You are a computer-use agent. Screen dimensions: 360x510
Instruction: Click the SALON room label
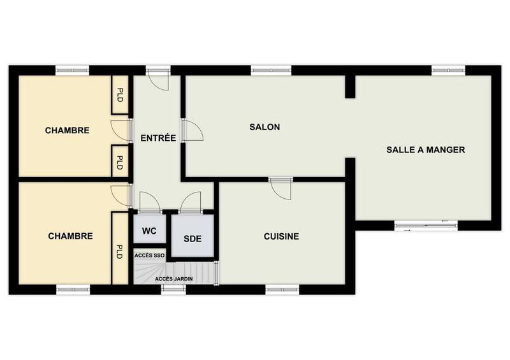(x=264, y=127)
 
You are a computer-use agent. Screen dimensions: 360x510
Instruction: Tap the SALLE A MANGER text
(x=425, y=150)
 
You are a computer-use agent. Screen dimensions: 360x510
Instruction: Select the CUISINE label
(x=281, y=236)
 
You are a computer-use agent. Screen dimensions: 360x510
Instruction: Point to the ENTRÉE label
(x=158, y=138)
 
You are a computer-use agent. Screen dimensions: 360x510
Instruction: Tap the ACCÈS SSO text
(x=149, y=256)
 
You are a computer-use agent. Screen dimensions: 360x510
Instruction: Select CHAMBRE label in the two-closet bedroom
(x=67, y=131)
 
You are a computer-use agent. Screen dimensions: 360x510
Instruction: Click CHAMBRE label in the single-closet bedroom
(x=70, y=236)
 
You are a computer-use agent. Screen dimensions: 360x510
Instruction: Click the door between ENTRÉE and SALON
(x=190, y=131)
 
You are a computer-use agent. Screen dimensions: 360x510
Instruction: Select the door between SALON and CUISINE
(x=280, y=187)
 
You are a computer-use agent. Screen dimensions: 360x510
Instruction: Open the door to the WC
(x=150, y=202)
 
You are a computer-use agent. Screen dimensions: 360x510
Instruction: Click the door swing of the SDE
(x=190, y=202)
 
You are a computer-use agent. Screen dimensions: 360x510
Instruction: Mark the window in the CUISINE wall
(x=282, y=290)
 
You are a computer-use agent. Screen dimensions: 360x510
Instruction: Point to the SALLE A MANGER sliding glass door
(x=426, y=224)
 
